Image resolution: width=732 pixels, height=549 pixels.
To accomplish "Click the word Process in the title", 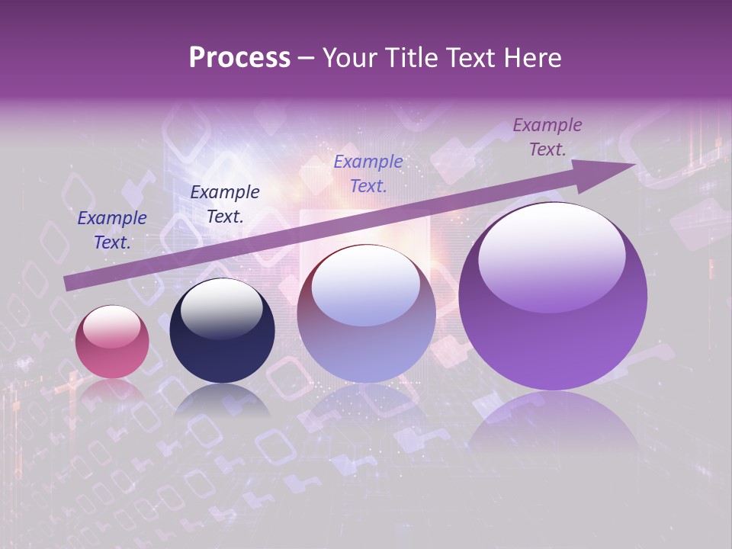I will coord(239,58).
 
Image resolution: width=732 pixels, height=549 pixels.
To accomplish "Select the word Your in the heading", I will coord(351,58).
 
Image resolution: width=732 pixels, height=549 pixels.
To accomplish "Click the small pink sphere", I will coord(112,342).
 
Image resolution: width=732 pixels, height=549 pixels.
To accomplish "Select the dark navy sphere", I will coord(222,331).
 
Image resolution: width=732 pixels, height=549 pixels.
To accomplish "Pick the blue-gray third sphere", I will coord(366,314).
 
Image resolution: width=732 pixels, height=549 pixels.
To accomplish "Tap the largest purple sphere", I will coord(553,297).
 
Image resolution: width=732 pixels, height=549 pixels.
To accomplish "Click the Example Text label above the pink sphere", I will coord(112,230).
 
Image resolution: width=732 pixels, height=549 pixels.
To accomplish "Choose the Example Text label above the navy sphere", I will coord(225,204).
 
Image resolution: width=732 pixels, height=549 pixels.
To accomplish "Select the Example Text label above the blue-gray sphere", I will coord(368,174).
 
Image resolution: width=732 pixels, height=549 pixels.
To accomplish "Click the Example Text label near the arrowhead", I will coord(547,137).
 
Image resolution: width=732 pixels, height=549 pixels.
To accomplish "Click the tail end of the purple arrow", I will coord(69,284).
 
